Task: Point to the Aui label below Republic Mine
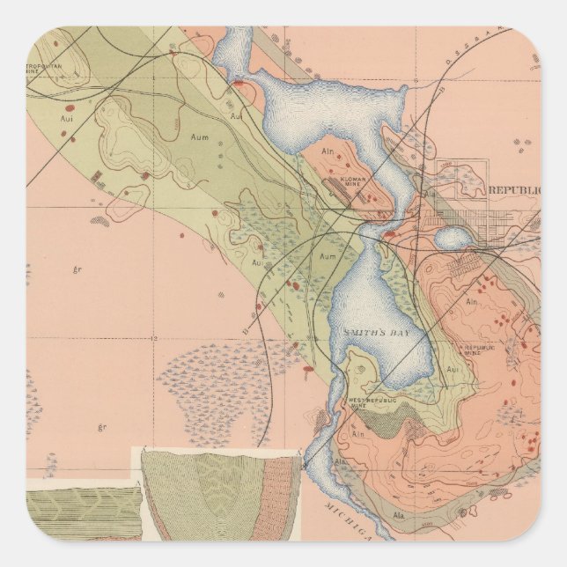(x=453, y=370)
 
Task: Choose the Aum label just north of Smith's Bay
(x=328, y=255)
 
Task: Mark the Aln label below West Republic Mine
(x=358, y=434)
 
